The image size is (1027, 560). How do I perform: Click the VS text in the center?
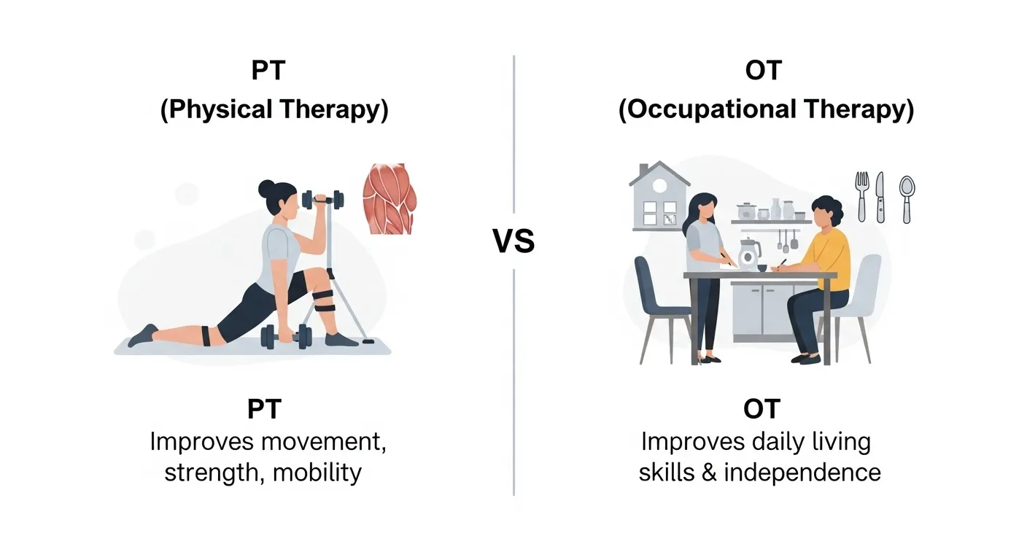click(513, 241)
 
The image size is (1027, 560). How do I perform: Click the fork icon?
click(862, 196)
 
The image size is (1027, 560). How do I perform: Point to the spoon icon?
click(907, 198)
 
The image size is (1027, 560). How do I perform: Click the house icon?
click(659, 195)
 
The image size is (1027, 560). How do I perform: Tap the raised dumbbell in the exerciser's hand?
click(322, 198)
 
